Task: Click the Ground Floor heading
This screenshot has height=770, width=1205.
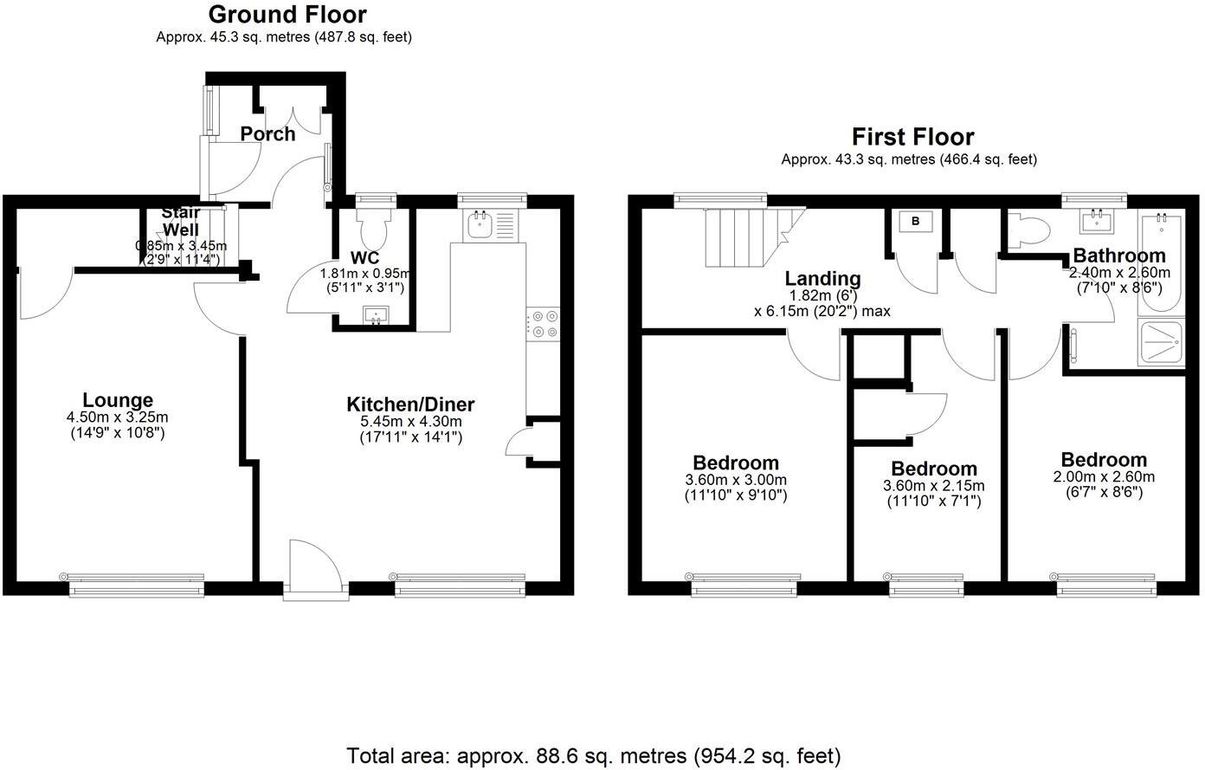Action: click(x=287, y=15)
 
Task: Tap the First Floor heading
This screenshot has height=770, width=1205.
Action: click(x=912, y=137)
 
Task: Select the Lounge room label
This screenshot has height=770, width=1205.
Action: click(x=118, y=400)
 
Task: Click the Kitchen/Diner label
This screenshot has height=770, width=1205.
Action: click(x=410, y=404)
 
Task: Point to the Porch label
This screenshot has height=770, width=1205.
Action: click(x=267, y=134)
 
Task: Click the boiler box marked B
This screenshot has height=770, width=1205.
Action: click(x=915, y=223)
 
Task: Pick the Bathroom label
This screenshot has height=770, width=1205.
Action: click(x=1118, y=256)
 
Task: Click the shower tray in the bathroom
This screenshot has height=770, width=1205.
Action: click(x=1161, y=343)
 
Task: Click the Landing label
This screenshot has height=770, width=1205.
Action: click(x=822, y=279)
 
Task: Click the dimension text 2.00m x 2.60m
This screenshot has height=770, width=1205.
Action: click(x=1104, y=477)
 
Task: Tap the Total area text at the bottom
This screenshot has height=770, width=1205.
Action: click(x=593, y=755)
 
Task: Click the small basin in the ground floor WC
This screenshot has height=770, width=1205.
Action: click(x=376, y=315)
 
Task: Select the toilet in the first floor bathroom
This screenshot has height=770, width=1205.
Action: click(x=1030, y=231)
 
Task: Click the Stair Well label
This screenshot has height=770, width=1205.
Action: click(x=181, y=221)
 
